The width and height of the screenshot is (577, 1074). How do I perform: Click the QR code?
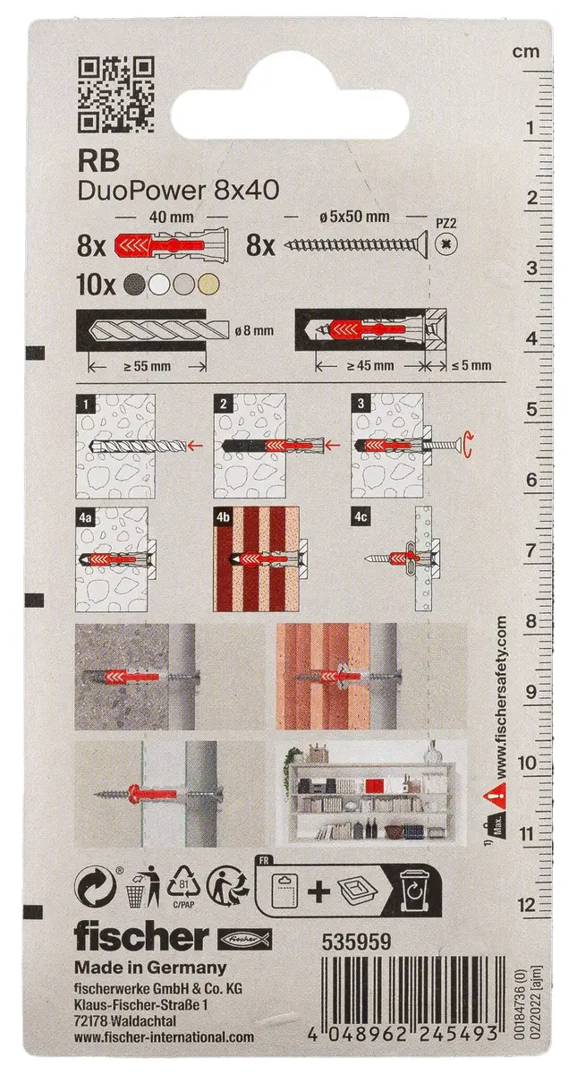(x=116, y=95)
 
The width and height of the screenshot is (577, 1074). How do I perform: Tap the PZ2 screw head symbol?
(x=445, y=245)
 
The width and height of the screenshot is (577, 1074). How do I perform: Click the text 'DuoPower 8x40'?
(x=178, y=192)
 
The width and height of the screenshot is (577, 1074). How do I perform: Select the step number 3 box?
(x=361, y=403)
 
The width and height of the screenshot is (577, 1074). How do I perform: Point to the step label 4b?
(x=224, y=518)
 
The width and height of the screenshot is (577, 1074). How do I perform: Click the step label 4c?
(x=361, y=518)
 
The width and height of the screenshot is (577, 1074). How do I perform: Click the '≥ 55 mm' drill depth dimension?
(x=148, y=367)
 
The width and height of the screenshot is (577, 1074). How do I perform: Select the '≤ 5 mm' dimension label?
(x=471, y=365)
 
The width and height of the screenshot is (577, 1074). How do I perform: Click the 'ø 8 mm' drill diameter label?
(x=254, y=330)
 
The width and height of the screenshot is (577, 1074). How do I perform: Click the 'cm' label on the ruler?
(x=526, y=52)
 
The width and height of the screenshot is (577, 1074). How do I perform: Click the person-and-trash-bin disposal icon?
(x=143, y=885)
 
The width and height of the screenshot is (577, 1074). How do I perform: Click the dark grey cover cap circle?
(x=135, y=286)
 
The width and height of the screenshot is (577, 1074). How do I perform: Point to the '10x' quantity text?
(x=96, y=286)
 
